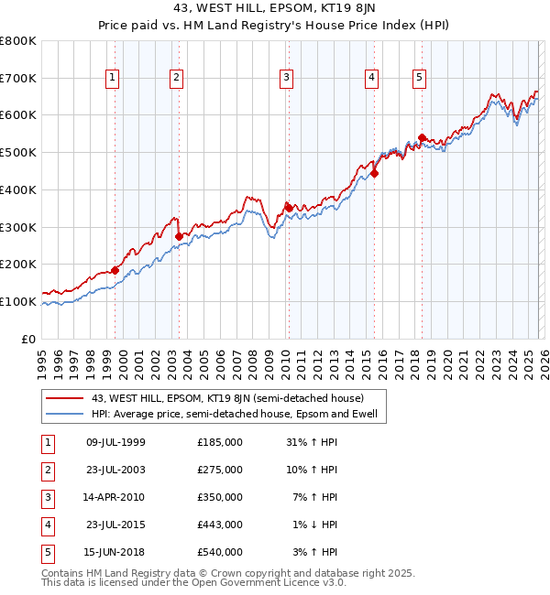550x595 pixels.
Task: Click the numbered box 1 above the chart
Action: [112, 79]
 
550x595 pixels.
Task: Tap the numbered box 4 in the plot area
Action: [371, 79]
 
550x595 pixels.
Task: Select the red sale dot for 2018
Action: [422, 138]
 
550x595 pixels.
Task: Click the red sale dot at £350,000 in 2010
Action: [289, 208]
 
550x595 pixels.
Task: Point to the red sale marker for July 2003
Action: [179, 236]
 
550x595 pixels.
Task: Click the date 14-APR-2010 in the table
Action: [115, 497]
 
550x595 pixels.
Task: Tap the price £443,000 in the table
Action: [220, 525]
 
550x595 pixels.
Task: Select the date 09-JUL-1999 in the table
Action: [115, 442]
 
